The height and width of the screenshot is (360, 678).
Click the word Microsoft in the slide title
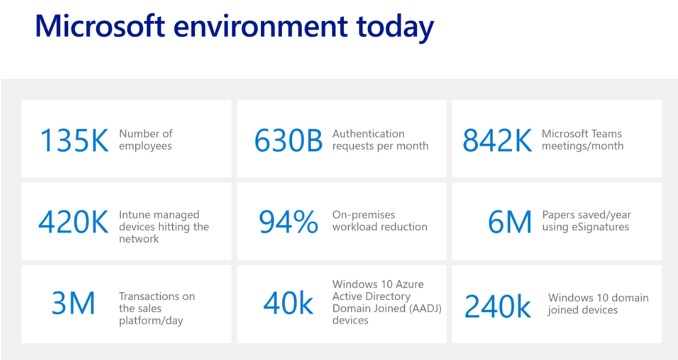coord(100,26)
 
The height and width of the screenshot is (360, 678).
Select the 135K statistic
coord(74,140)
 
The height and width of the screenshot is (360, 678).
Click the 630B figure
coord(288,140)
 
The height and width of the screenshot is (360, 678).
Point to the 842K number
coord(497,140)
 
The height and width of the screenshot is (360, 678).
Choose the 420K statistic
coord(73,222)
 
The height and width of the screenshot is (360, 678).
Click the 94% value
coord(289,222)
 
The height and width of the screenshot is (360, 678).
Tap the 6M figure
coord(510,222)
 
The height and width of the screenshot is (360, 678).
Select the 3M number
coord(73,303)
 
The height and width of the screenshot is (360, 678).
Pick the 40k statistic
coord(288,303)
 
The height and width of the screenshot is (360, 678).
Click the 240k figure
coord(498,306)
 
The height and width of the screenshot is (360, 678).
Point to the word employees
coord(145,146)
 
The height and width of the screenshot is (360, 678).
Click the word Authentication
coord(369,134)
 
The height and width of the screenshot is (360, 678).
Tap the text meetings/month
coord(582,146)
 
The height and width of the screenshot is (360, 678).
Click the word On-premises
coord(364,215)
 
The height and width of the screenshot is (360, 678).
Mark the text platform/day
coord(151,321)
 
